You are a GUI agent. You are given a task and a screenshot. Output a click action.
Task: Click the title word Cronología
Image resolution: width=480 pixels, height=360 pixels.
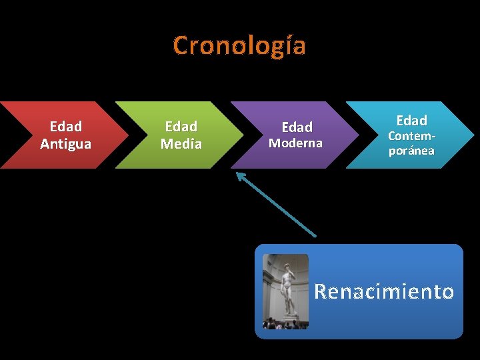[x=239, y=46]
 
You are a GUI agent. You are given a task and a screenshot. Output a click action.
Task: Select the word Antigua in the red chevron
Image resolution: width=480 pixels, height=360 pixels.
[x=65, y=144]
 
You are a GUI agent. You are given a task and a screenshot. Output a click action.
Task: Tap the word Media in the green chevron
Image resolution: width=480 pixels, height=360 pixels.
[x=181, y=144]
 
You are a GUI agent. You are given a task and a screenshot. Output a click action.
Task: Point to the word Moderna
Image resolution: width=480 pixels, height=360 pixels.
[x=295, y=143]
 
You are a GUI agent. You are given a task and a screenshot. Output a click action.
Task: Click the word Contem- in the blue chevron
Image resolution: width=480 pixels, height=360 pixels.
[x=412, y=136]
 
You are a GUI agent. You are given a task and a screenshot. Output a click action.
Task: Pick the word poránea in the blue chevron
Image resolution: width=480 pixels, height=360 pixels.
[x=412, y=151]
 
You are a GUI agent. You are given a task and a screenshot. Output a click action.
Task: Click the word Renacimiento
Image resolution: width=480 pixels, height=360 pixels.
[x=384, y=292]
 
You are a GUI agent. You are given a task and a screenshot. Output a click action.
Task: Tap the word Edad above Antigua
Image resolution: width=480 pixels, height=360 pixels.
[x=65, y=127]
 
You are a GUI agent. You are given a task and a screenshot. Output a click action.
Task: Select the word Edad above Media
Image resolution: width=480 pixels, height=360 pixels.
[x=181, y=127]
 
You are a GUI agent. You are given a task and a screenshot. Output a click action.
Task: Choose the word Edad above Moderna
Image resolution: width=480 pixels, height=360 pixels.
[x=297, y=127]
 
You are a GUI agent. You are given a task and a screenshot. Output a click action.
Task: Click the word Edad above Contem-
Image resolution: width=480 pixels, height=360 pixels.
[x=412, y=121]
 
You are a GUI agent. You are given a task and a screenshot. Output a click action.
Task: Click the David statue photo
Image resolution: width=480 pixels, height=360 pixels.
[x=286, y=291]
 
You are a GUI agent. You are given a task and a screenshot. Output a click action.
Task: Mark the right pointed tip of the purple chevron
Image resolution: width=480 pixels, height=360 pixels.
[x=358, y=135]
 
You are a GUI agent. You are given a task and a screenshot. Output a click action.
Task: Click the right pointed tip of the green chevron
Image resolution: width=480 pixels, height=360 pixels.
[x=243, y=135]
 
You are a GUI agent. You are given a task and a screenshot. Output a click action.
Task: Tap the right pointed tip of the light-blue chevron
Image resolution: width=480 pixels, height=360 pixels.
[x=474, y=135]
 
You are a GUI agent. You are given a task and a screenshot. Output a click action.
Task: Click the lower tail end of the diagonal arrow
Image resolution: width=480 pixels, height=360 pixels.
[x=315, y=236]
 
